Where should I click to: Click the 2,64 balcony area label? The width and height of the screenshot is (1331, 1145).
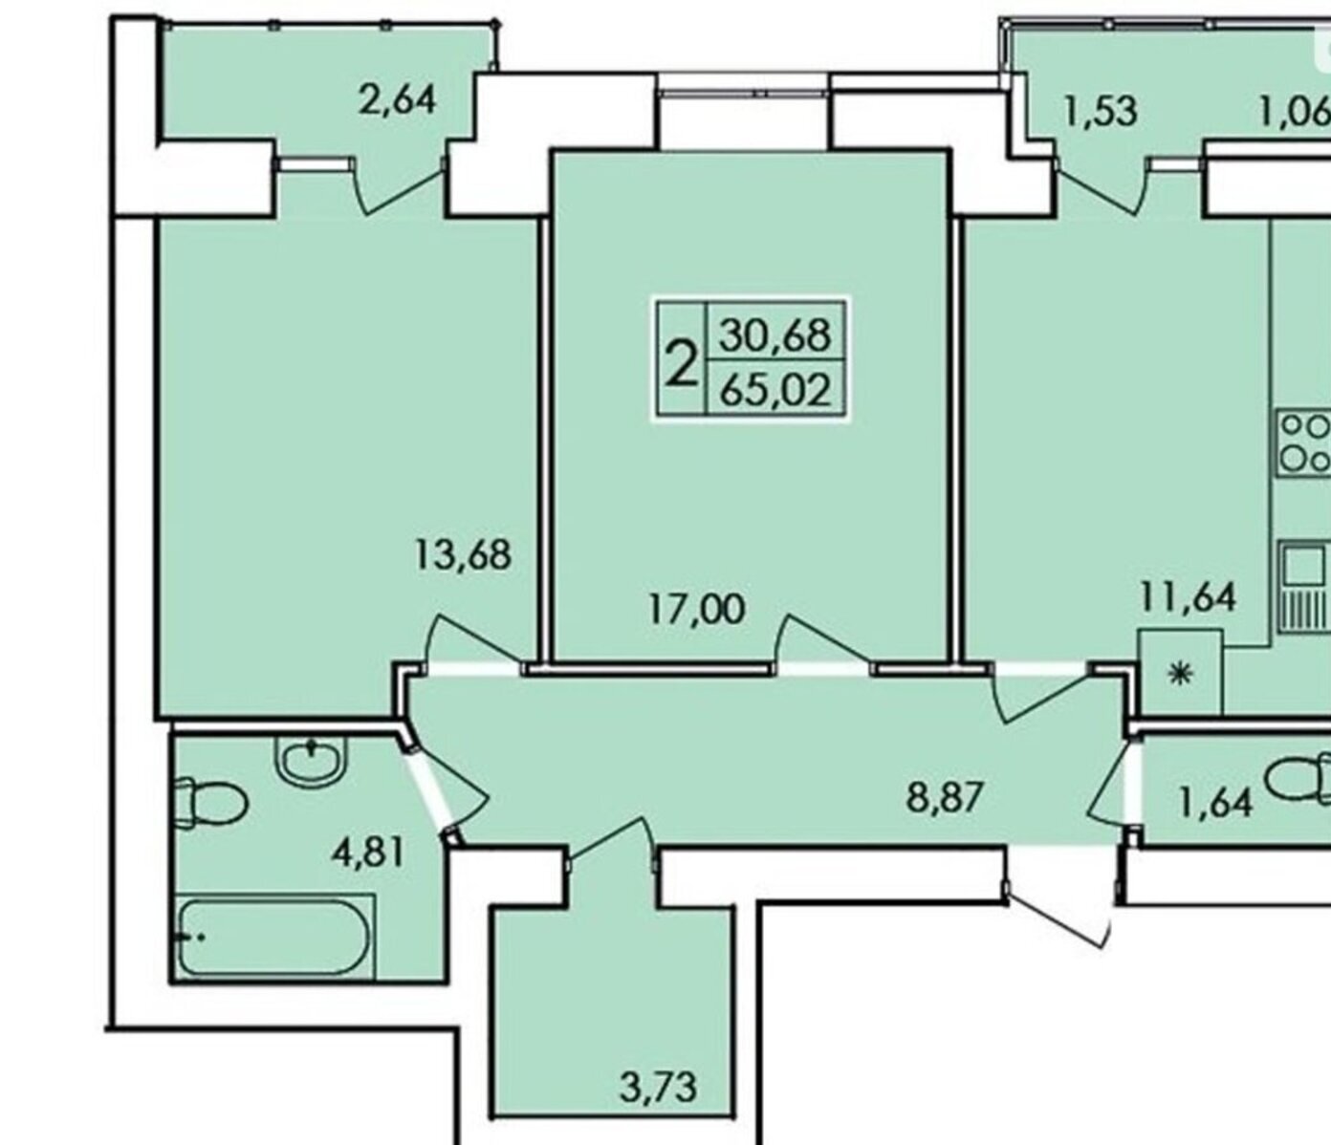click(x=397, y=101)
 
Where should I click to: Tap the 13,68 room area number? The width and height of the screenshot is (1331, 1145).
click(x=463, y=554)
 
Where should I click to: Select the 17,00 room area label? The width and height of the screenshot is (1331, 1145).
click(x=697, y=609)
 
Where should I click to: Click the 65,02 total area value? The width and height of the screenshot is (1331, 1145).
click(x=775, y=390)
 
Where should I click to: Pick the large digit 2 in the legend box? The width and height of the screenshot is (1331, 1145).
click(x=682, y=363)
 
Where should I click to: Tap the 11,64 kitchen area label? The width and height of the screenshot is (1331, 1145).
click(x=1188, y=597)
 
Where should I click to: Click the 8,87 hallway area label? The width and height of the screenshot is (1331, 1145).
click(x=945, y=797)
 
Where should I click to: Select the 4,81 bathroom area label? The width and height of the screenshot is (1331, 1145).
click(x=368, y=853)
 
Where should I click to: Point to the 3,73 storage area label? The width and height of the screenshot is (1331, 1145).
click(x=658, y=1087)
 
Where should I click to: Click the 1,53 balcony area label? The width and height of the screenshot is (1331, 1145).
click(x=1101, y=111)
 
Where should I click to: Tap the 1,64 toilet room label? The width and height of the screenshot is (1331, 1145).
click(x=1215, y=803)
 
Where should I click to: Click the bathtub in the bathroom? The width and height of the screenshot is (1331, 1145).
click(x=275, y=937)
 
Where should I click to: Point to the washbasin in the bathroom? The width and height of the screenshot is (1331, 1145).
click(x=311, y=762)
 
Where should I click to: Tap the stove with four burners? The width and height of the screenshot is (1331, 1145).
click(x=1304, y=444)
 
